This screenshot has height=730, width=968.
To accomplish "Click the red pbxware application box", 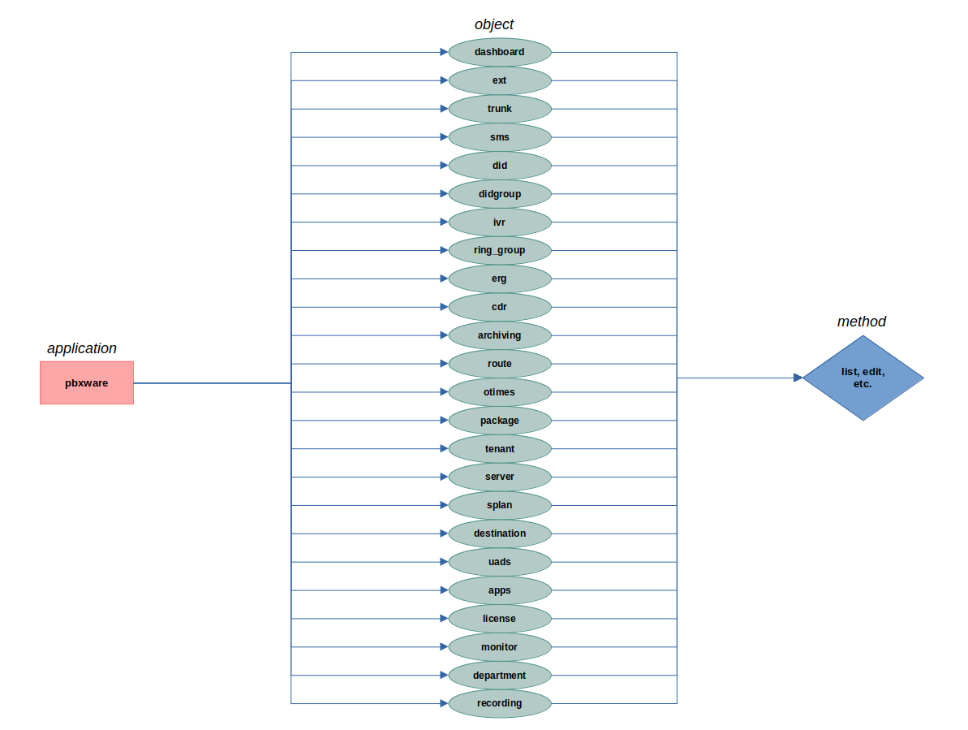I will [87, 382].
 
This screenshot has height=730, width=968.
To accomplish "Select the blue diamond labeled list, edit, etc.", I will [863, 378].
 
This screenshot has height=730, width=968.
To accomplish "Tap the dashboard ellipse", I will [500, 52].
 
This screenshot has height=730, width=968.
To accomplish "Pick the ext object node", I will [500, 80].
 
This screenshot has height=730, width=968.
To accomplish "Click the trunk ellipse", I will [500, 109].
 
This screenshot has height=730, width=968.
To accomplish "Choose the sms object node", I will [500, 137].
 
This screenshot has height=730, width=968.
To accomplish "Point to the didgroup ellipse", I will [500, 194].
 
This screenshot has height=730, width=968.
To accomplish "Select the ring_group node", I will [500, 250].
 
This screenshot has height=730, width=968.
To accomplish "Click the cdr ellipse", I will [500, 307].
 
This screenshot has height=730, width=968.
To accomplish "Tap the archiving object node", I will [500, 335].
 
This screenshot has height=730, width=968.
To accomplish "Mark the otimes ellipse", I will [500, 392].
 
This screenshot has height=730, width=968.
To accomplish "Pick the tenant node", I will [500, 449].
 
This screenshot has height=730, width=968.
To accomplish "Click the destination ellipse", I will [500, 533].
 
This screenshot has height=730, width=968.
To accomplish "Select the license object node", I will [500, 619].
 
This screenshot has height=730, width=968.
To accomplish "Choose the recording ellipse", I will [500, 703].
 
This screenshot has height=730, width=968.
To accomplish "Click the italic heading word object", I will [494, 24].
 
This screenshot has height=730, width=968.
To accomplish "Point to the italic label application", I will [82, 348].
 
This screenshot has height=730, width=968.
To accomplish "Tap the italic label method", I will [862, 322].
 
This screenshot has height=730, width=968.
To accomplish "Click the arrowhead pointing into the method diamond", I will [798, 378].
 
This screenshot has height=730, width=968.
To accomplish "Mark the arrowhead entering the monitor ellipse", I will [444, 647].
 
